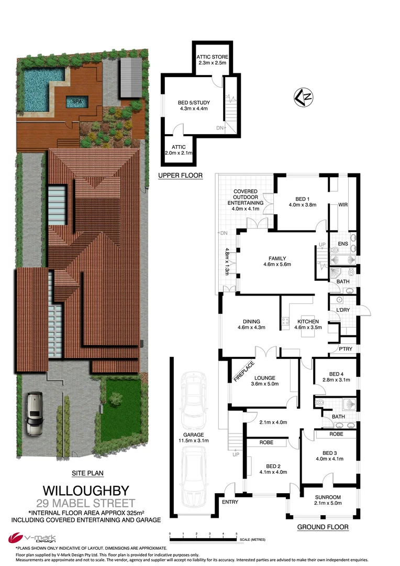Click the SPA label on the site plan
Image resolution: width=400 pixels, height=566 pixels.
(76, 101)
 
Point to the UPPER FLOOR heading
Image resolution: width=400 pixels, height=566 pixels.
(181, 176)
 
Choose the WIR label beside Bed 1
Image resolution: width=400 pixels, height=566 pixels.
(343, 205)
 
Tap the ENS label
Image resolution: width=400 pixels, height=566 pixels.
(343, 244)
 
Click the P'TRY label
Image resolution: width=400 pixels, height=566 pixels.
(345, 349)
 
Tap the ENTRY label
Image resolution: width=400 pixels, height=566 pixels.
(230, 502)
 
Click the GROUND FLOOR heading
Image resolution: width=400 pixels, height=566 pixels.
(323, 527)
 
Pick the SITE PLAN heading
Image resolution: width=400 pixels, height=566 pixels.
(87, 473)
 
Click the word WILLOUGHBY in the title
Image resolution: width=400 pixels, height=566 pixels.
(85, 491)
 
